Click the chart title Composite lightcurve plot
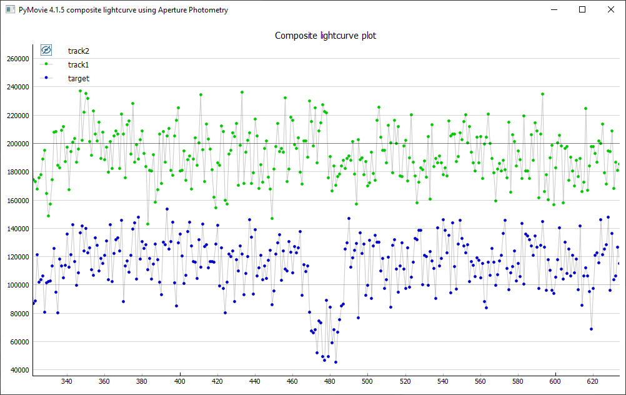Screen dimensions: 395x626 tap(325, 36)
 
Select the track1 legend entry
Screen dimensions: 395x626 tap(78, 64)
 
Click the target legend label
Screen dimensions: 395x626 tap(78, 78)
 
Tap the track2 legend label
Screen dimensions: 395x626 tap(78, 51)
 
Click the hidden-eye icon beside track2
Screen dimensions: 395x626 tap(46, 50)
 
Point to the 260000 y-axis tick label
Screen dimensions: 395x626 tap(17, 59)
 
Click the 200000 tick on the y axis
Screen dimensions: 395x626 tap(17, 144)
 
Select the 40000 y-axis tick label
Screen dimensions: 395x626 tap(19, 370)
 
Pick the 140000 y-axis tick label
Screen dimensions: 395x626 tap(17, 229)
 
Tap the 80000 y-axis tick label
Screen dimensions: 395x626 tap(19, 314)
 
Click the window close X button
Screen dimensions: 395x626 tap(611, 9)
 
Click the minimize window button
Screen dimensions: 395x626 tap(554, 9)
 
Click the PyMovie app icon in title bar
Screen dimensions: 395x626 tap(9, 10)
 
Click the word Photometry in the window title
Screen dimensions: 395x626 tap(207, 10)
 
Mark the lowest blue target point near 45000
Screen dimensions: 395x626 tap(335, 362)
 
